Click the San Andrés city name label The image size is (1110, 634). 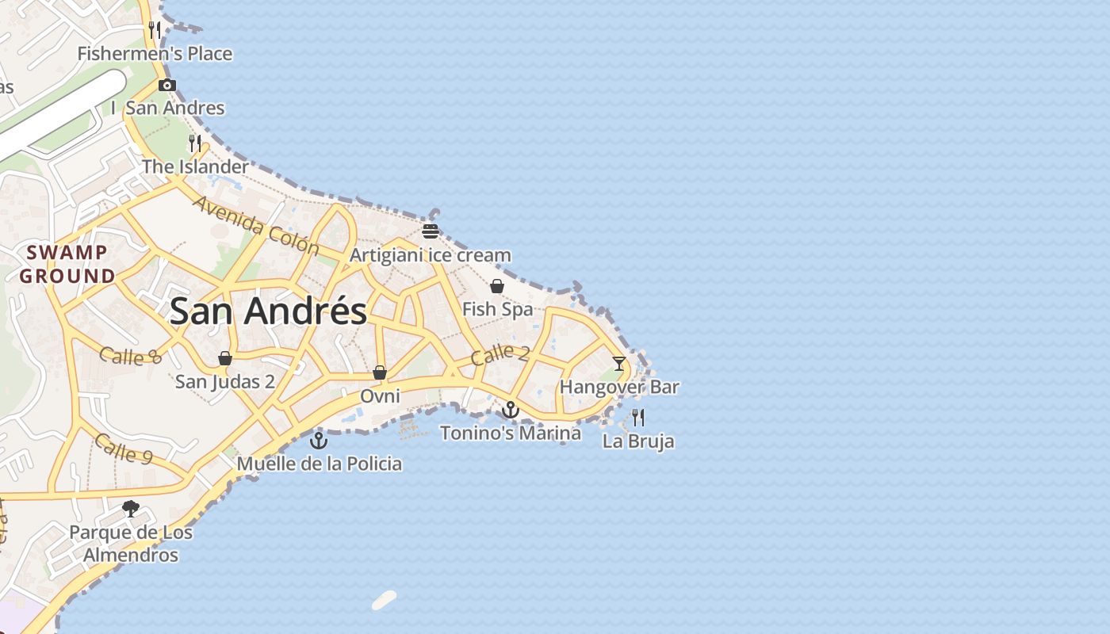point(268,311)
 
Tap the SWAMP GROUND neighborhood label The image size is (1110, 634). point(67,265)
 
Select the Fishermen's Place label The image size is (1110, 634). point(155,54)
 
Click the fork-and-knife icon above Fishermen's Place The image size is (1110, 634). point(155,30)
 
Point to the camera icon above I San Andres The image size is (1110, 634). point(166,85)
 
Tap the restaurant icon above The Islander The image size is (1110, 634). point(195,143)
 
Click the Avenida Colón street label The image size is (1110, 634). point(255,226)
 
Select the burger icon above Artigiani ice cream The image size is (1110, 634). point(431,231)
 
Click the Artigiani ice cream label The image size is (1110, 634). point(431,255)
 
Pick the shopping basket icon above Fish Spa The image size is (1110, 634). point(497,286)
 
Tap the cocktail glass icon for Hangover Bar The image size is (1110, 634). point(619,364)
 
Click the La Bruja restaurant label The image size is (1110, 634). point(638,441)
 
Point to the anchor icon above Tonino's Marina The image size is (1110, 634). point(511,410)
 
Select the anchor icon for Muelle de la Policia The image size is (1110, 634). point(319,441)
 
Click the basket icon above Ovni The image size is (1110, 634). point(380,372)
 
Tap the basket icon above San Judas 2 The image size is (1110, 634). point(225,358)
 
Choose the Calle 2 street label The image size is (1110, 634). point(499,354)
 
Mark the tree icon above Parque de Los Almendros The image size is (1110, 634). point(131,508)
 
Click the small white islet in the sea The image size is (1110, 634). point(384,601)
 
